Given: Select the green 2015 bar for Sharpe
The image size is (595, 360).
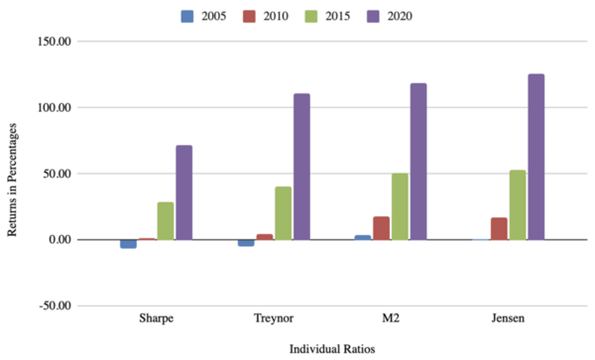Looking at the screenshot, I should click(x=166, y=220).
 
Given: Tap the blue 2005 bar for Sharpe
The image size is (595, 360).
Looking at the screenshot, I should click(x=128, y=243).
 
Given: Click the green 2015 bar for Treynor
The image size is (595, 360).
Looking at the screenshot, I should click(x=284, y=212).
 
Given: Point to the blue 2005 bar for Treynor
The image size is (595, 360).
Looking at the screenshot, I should click(x=246, y=242).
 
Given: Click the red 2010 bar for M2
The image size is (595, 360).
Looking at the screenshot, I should click(x=382, y=228).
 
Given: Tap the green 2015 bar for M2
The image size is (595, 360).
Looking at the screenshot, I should click(x=400, y=206).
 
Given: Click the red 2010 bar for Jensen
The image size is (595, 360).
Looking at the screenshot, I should click(x=499, y=228).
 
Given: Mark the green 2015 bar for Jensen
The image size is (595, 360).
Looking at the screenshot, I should click(x=517, y=204).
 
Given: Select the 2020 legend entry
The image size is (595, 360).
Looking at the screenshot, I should click(x=412, y=15).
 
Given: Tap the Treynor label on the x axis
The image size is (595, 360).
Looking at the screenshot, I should click(x=274, y=319).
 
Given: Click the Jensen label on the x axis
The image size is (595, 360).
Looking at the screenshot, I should click(x=508, y=319).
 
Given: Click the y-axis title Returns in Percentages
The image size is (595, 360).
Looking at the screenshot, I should click(x=13, y=174).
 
